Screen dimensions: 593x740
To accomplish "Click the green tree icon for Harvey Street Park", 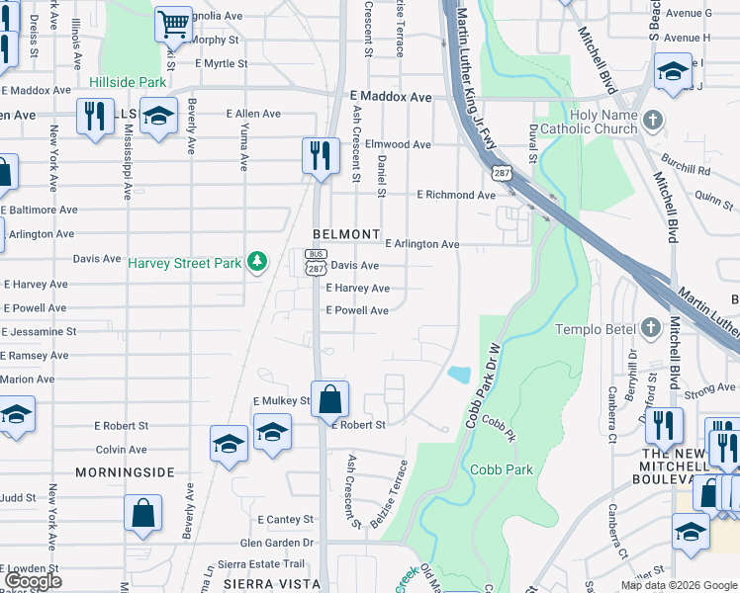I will [x=257, y=261].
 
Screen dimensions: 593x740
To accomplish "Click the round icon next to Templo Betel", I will [x=650, y=327].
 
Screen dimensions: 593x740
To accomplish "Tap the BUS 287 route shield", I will [x=315, y=262].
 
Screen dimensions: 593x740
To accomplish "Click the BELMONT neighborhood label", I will [x=346, y=234].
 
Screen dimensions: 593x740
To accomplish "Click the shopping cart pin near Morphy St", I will [x=173, y=24].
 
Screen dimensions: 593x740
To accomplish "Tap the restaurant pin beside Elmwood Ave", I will [x=321, y=155].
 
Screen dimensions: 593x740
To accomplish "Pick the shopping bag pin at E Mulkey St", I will [x=330, y=400].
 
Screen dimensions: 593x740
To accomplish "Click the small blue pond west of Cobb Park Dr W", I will [x=458, y=375].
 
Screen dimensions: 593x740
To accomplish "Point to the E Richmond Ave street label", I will [x=455, y=195].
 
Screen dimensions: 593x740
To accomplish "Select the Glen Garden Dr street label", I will [x=276, y=543].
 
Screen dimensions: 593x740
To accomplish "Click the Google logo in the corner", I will [x=33, y=581].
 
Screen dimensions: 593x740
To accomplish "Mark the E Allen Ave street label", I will [x=252, y=115].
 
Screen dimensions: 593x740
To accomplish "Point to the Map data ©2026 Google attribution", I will [x=679, y=585].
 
